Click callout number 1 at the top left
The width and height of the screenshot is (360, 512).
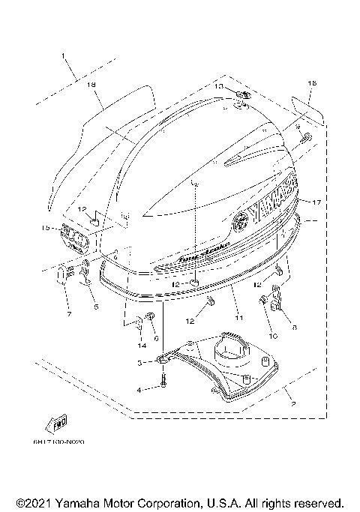pos(64,55)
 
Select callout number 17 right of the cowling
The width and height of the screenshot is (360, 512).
pos(317,202)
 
